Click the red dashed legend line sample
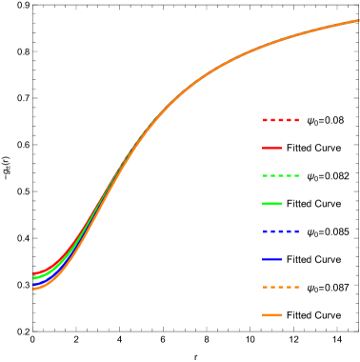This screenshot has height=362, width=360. click(281, 120)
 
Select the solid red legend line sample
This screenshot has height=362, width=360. click(271, 148)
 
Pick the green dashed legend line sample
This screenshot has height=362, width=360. click(281, 175)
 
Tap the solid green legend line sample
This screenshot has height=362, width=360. click(271, 204)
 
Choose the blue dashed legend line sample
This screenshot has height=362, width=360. click(281, 231)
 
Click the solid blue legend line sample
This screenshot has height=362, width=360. click(271, 259)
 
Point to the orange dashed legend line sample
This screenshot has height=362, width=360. click(281, 287)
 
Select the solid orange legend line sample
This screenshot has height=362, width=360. click(271, 314)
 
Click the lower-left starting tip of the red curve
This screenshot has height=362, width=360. click(34, 274)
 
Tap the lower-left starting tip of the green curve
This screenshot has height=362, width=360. click(34, 278)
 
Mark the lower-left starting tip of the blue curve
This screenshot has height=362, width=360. click(34, 284)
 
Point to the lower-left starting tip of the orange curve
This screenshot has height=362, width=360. click(34, 288)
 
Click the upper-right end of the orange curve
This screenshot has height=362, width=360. click(358, 20)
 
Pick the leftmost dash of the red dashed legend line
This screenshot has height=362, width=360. click(266, 120)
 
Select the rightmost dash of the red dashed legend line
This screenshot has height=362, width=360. click(296, 120)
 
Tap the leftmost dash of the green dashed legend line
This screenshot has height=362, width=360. click(266, 175)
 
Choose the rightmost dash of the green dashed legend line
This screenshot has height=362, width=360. click(296, 175)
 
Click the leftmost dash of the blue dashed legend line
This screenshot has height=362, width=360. click(266, 231)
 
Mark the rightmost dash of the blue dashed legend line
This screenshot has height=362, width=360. click(296, 231)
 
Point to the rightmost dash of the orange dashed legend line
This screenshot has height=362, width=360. click(296, 287)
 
